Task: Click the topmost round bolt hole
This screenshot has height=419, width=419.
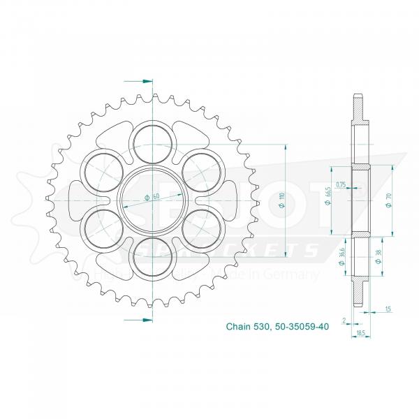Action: click(149, 137)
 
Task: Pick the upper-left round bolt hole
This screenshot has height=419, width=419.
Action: click(96, 168)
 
